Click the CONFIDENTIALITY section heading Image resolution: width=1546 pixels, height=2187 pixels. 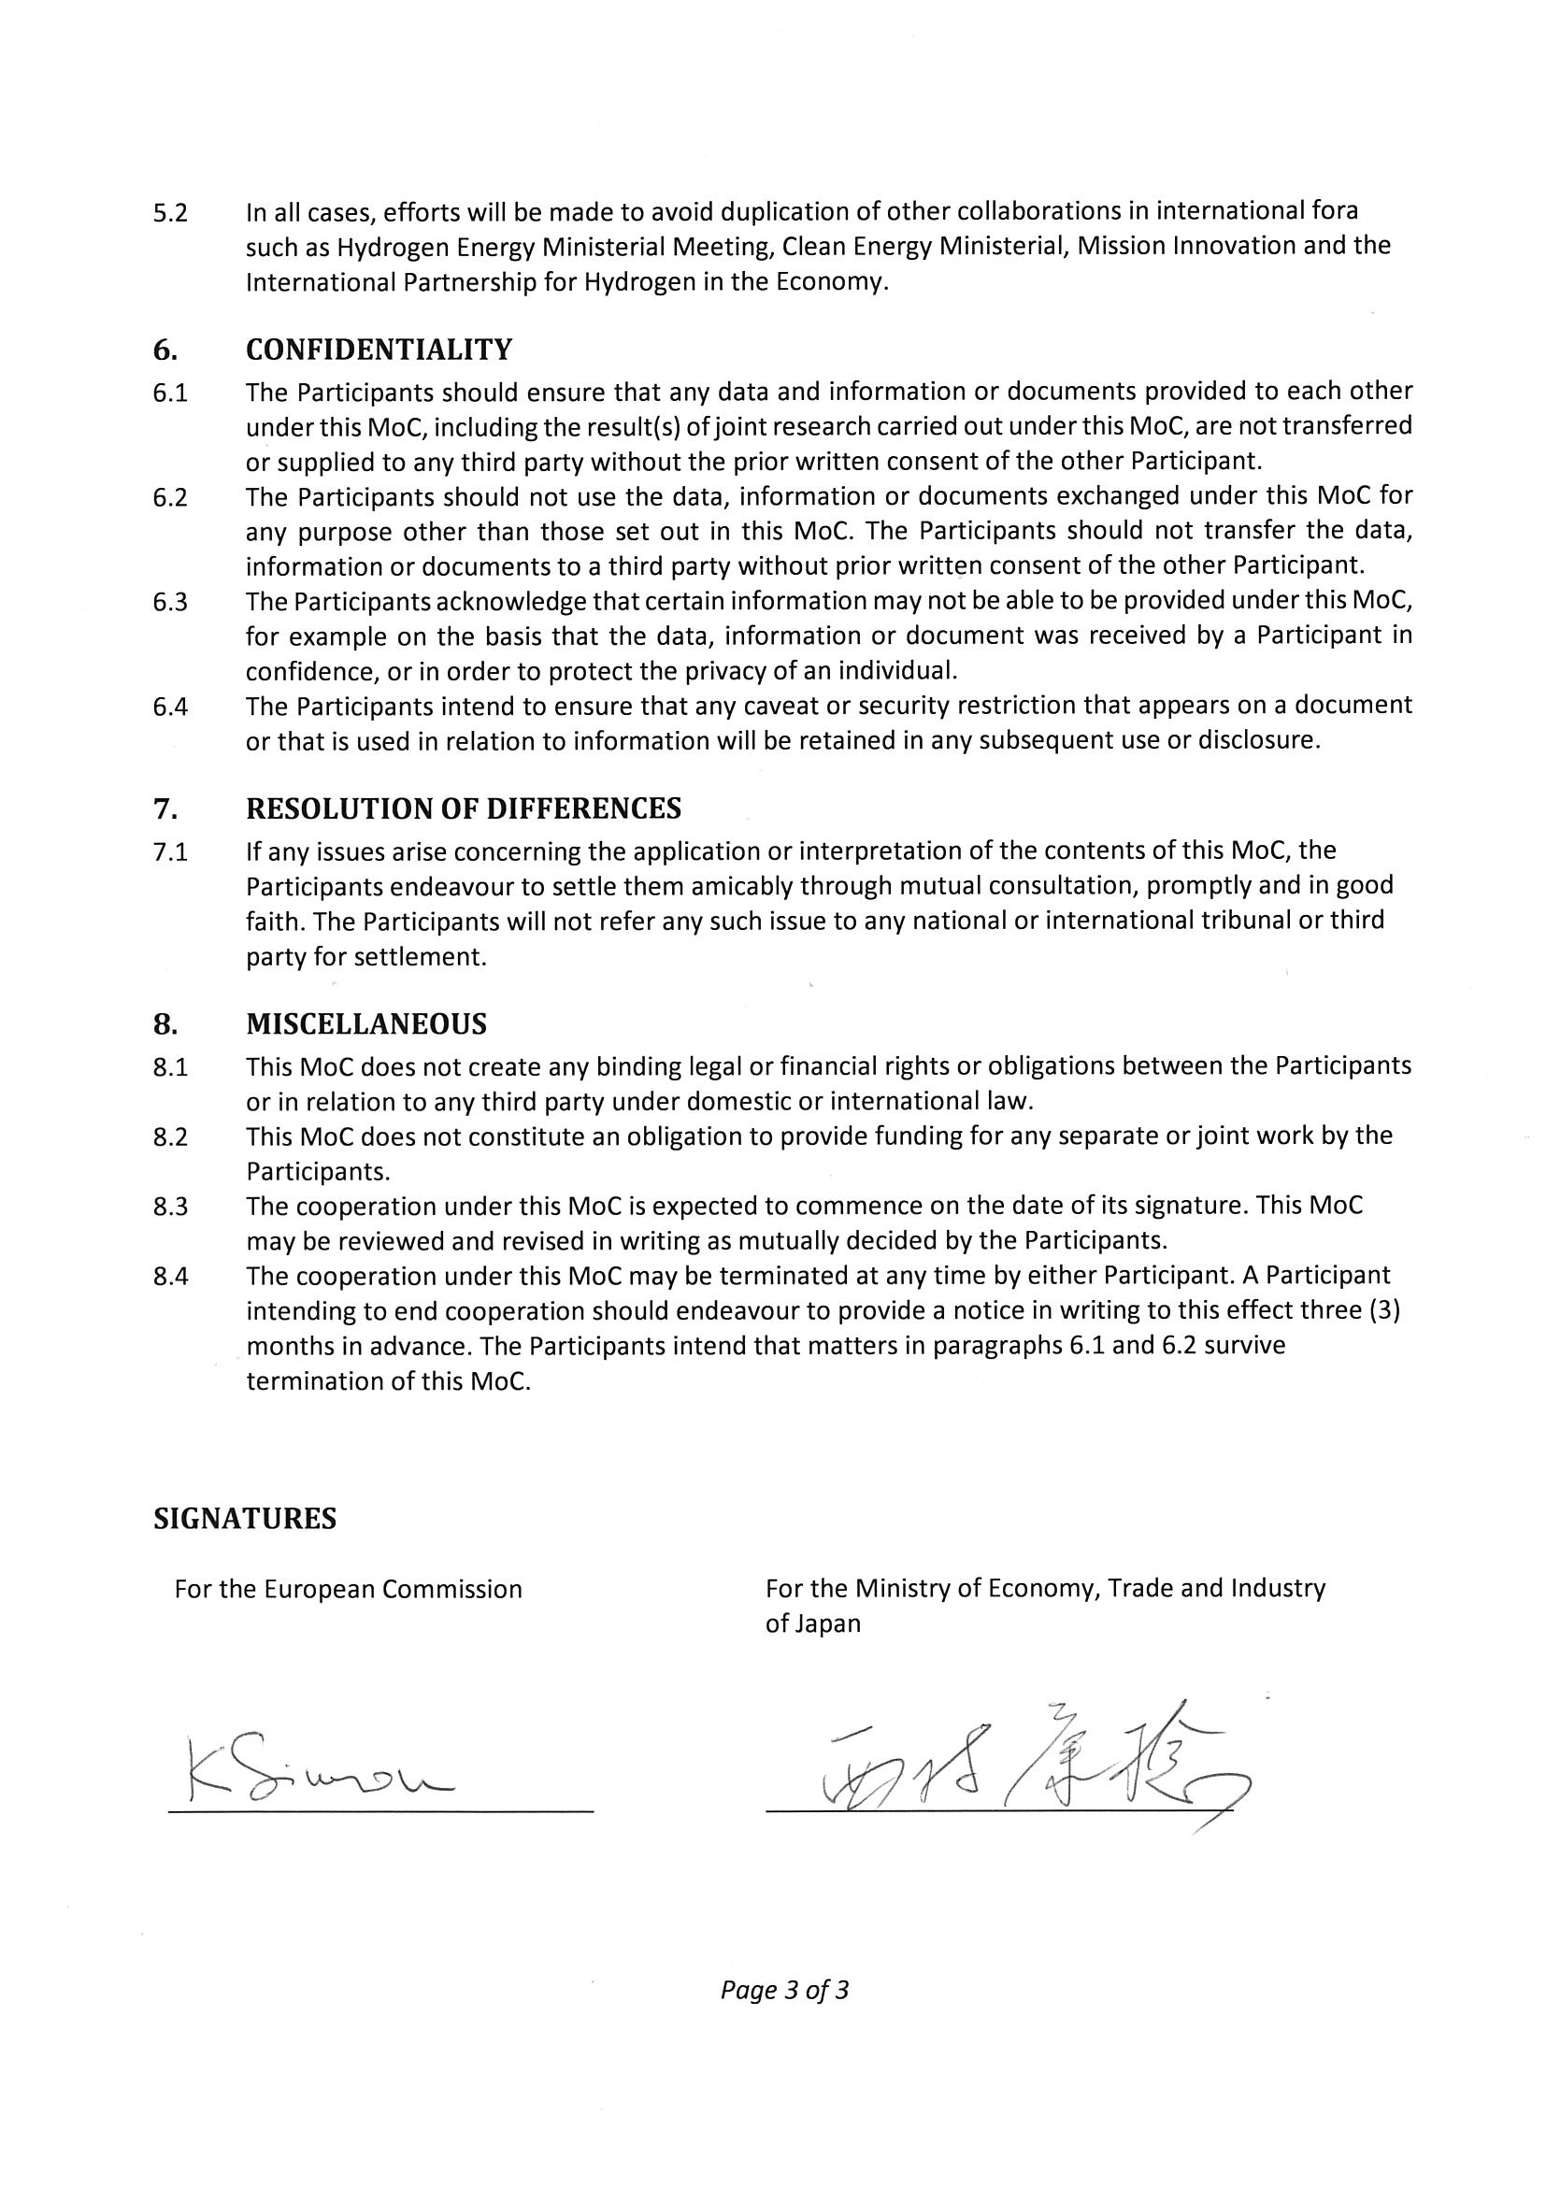(379, 350)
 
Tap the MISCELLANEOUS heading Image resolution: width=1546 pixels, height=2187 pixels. (365, 1024)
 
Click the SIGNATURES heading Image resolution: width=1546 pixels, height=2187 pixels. (245, 1519)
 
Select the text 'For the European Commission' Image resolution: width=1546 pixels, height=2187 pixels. (348, 1590)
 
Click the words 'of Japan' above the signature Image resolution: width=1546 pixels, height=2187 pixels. (812, 1624)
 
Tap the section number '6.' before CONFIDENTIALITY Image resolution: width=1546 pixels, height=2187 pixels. (165, 350)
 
